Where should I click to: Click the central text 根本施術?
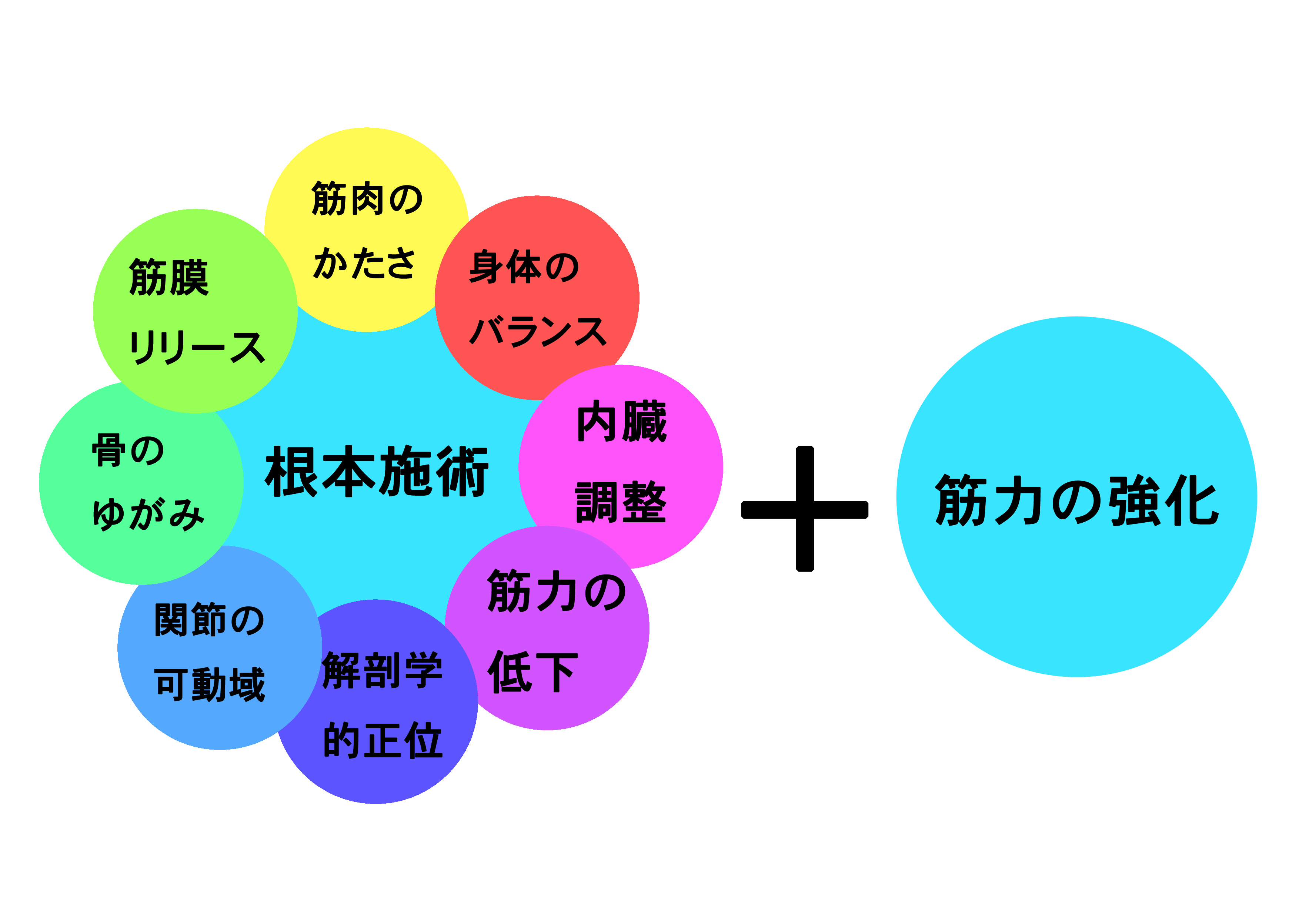(x=376, y=471)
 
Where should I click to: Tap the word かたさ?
(x=364, y=263)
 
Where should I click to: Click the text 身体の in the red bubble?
(x=524, y=267)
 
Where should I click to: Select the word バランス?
(x=537, y=331)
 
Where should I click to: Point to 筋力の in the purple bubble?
(x=556, y=592)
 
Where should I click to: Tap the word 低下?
(x=532, y=671)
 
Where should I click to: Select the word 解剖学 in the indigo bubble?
(x=382, y=670)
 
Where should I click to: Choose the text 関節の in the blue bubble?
(x=209, y=620)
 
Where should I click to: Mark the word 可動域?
(x=209, y=684)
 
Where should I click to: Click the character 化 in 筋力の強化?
(x=1191, y=500)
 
